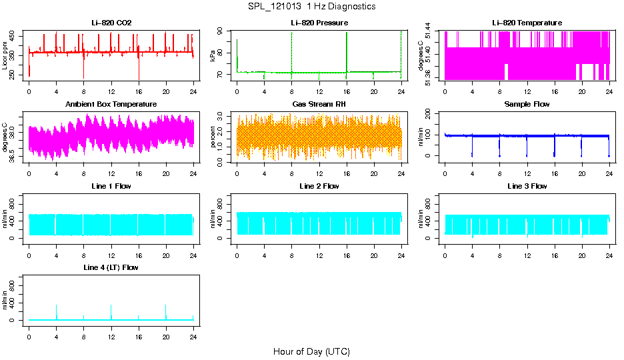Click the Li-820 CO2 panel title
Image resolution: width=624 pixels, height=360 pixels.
point(111,23)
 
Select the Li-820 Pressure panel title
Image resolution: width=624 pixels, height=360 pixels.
point(319,23)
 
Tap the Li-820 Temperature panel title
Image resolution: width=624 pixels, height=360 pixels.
point(527,23)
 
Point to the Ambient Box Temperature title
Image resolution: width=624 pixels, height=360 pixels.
point(111,105)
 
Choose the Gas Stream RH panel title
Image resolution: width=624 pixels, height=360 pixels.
point(319,105)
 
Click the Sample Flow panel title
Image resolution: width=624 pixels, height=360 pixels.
point(527,105)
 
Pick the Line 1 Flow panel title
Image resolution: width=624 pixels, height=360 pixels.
point(111,186)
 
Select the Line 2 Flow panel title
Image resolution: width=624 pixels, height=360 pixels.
point(319,186)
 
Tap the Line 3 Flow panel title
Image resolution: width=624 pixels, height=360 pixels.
point(527,186)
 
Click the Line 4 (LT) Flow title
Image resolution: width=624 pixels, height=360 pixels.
point(111,267)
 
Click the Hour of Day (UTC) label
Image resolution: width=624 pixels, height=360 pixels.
point(311,351)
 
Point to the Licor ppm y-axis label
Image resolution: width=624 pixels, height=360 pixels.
point(5,55)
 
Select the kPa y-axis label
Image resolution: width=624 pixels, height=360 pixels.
point(213,55)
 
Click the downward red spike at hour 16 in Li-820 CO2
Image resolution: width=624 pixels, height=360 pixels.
point(139,72)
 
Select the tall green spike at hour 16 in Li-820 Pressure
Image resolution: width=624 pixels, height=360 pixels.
point(347,40)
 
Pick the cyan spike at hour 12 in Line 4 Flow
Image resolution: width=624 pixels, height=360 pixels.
point(111,310)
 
